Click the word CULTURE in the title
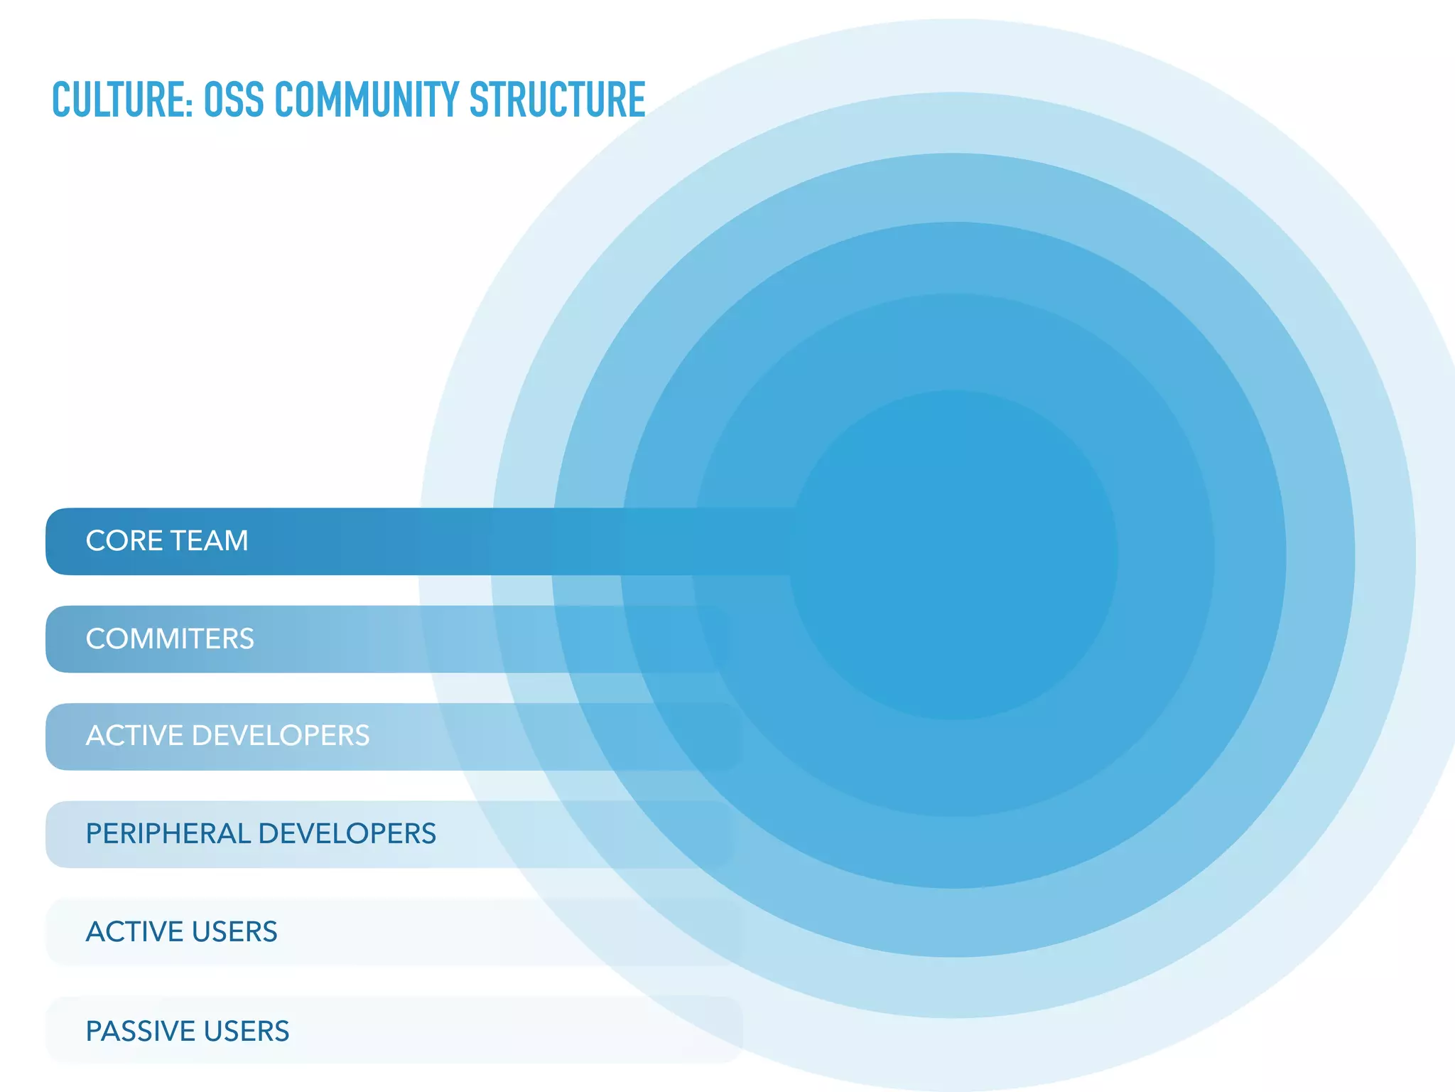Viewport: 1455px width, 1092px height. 118,100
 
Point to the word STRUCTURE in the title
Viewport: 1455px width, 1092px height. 557,100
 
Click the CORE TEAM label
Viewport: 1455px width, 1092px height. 167,541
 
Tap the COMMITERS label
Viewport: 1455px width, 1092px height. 170,638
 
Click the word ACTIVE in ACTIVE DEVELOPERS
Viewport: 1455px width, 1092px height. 134,736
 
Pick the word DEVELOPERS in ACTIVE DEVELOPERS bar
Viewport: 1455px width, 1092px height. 281,736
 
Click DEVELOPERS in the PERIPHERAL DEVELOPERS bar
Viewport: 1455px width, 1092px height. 347,834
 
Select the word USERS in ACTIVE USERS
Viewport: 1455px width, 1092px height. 234,932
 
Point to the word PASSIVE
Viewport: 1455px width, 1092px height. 139,1031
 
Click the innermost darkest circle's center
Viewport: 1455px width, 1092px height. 954,555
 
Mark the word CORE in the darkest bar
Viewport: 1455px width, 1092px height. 124,541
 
